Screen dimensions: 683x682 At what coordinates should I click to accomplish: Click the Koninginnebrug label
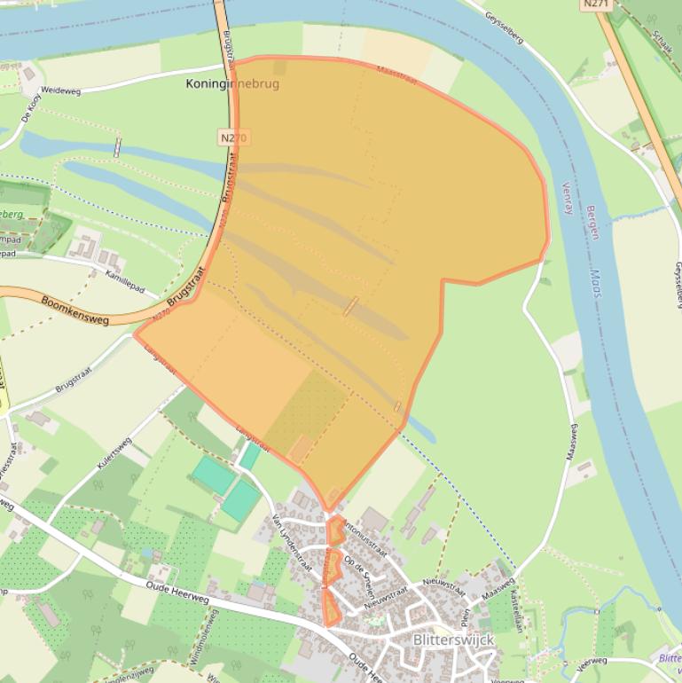232,84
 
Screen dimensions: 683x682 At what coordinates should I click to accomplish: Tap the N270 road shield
232,137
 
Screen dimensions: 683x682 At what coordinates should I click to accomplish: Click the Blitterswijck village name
453,640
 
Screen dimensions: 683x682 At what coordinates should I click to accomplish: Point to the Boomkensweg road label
74,310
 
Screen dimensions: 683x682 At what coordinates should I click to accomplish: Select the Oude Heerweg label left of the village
178,589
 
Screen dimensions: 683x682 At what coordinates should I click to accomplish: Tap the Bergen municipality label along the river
592,222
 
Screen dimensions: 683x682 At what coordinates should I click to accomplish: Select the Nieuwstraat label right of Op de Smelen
443,586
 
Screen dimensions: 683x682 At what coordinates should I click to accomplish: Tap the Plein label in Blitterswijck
466,616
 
